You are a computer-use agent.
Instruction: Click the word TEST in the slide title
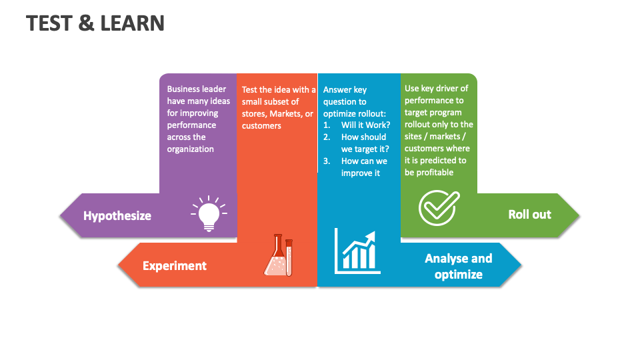(49, 23)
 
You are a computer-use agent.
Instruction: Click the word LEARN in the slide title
(132, 23)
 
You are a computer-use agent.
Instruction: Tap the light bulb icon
(209, 214)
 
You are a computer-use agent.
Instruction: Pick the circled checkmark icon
(439, 207)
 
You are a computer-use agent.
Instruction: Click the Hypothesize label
(117, 215)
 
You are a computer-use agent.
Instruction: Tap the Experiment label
(175, 265)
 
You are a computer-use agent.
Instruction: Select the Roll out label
(529, 214)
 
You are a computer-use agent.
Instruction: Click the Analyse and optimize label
(459, 266)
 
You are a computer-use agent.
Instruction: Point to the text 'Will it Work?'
(365, 125)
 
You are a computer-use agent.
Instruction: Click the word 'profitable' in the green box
(435, 173)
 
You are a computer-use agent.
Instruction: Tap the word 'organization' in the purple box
(190, 149)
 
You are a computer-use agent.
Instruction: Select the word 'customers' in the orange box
(261, 126)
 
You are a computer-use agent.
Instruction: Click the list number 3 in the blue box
(327, 161)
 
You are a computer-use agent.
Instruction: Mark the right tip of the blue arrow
(521, 265)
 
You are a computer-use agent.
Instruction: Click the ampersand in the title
(86, 23)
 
